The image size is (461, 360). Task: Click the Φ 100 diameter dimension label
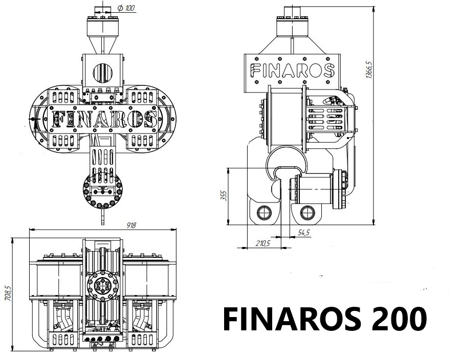(x=126, y=8)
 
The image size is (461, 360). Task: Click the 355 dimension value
(x=223, y=196)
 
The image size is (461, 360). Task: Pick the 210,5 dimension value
(x=262, y=243)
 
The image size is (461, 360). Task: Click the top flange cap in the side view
(x=292, y=26)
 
